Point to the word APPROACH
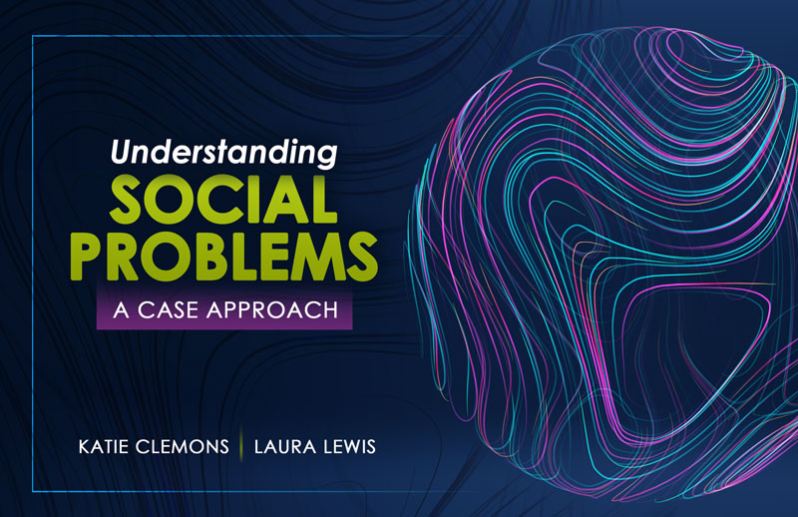tap(274, 308)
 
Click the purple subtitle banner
tap(225, 308)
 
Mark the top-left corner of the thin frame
tap(33, 36)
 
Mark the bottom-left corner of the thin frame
tap(33, 489)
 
